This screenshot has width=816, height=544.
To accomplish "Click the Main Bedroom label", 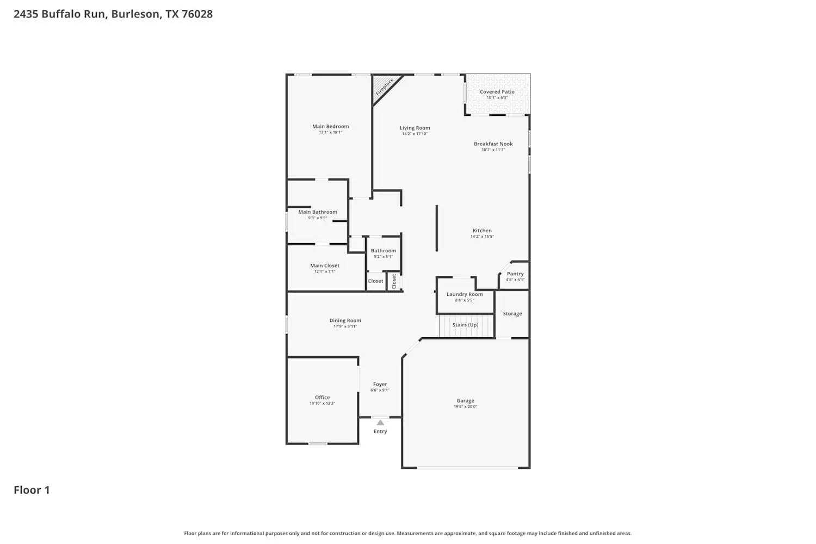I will [330, 126].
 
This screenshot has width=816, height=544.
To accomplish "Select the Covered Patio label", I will [497, 92].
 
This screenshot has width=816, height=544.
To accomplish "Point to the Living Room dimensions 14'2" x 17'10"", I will [415, 134].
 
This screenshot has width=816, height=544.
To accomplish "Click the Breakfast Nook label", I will [493, 144].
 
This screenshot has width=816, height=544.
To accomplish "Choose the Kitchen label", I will [482, 231].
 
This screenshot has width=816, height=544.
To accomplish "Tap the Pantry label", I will [515, 274].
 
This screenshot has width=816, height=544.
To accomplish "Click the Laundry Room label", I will [465, 294].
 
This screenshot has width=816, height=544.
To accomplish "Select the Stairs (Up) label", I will [465, 325].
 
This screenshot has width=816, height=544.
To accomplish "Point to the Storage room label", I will [512, 314].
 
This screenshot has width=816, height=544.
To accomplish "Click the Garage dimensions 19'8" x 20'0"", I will [465, 407].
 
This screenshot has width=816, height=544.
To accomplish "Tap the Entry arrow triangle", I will [380, 423].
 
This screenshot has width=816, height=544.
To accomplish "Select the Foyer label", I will [380, 384].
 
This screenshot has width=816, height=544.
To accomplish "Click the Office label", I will [322, 398].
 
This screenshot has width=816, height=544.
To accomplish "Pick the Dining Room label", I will [345, 321].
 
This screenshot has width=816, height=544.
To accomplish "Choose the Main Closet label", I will [325, 266].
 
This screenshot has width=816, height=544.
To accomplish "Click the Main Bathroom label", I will [318, 212].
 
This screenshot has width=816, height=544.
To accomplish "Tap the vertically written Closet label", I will [394, 281].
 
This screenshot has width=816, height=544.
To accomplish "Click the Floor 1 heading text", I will [32, 490].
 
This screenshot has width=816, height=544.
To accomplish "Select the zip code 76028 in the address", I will [197, 14].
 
